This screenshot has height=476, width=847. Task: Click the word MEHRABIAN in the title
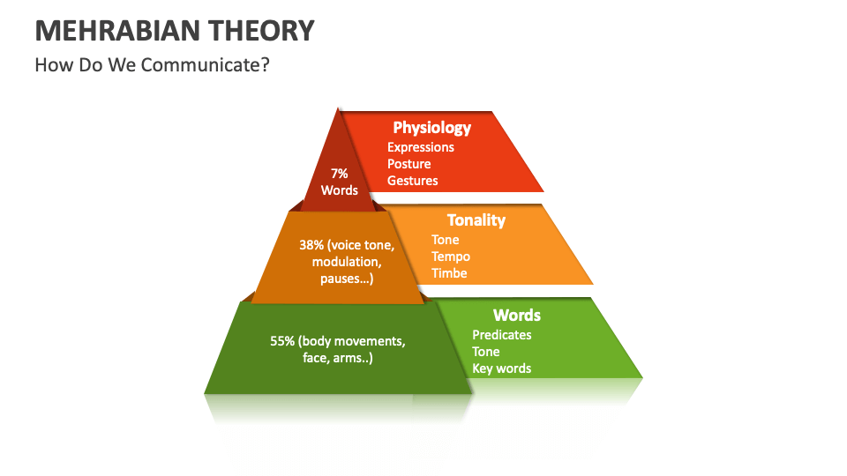[116, 31]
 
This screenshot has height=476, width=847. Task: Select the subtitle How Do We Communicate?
[152, 64]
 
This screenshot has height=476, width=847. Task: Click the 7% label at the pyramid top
[339, 174]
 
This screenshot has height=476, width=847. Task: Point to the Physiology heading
[431, 128]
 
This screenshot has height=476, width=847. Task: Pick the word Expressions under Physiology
[420, 147]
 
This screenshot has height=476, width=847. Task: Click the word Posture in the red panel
[409, 164]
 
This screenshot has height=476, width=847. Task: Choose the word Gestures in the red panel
[412, 181]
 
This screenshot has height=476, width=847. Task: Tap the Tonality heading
[476, 220]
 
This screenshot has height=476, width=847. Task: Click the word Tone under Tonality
[445, 240]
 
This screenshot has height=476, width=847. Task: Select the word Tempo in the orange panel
[451, 257]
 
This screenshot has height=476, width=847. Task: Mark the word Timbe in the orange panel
[449, 273]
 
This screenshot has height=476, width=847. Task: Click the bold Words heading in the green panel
[516, 316]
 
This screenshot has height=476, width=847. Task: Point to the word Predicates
[501, 335]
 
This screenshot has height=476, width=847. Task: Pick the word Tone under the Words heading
[485, 352]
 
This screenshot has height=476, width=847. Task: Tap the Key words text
[501, 368]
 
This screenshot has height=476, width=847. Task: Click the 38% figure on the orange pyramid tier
[311, 245]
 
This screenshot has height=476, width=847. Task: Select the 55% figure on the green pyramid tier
[282, 341]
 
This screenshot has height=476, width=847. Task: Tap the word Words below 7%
[339, 190]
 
